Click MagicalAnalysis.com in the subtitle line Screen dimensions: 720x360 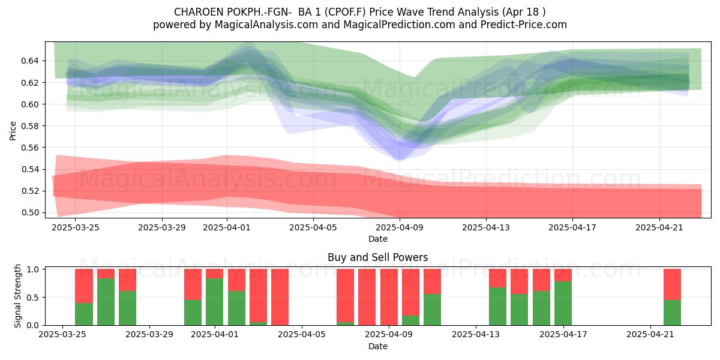(266, 25)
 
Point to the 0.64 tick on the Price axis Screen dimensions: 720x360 (29, 61)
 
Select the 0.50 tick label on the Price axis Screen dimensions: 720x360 (29, 212)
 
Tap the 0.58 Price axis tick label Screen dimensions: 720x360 (29, 126)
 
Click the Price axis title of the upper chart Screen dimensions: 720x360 (13, 131)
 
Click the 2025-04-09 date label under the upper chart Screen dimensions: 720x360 (400, 227)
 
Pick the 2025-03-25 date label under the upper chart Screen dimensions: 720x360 (75, 227)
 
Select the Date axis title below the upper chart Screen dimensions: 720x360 (378, 239)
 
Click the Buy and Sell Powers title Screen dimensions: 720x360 (378, 257)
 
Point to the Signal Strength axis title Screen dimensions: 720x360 (17, 296)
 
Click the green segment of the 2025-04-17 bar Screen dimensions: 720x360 (563, 303)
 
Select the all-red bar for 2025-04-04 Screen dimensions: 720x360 (280, 297)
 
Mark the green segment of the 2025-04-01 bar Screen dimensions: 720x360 (214, 301)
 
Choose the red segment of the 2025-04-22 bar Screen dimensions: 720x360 (672, 284)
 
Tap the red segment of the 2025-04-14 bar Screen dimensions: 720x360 (497, 278)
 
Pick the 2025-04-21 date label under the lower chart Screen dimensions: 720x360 (650, 334)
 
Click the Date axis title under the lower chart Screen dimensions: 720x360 (378, 346)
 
